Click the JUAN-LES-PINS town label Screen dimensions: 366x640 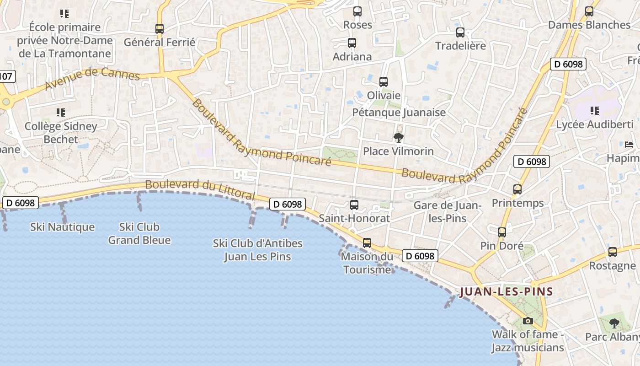coord(507,291)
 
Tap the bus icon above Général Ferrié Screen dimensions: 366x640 coord(160,28)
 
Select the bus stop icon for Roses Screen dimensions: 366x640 coord(357,11)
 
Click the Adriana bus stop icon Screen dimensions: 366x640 coord(352,43)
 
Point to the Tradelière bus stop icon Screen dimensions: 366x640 coord(460,32)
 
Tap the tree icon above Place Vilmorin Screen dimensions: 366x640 coord(399,137)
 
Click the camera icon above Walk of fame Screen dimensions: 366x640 coord(528,321)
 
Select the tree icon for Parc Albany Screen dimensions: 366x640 coord(614,323)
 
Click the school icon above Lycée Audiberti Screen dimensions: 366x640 coord(594,110)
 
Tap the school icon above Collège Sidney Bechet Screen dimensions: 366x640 coord(61,112)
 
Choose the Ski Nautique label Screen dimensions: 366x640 coord(63,227)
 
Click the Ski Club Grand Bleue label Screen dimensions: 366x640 coord(139,233)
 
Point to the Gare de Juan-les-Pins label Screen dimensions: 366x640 coord(448,212)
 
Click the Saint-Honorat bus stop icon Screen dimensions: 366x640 coord(354,205)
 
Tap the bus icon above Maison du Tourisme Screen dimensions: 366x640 coord(367,242)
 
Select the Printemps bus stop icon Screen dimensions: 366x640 coord(517,189)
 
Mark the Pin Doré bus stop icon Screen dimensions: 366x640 coord(502,232)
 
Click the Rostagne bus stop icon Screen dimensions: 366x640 coord(613,252)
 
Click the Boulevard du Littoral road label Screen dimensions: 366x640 coord(200,189)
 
